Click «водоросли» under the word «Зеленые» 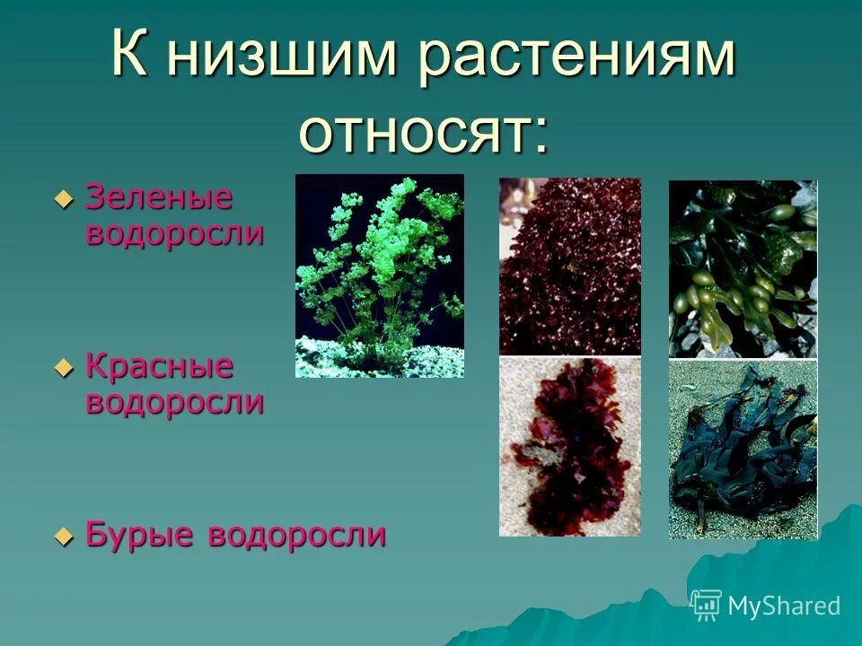(175, 233)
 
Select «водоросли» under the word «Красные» (175, 401)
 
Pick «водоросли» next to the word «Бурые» (297, 535)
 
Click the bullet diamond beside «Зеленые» (63, 199)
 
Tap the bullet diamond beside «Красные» (63, 368)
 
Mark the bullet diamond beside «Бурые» (63, 537)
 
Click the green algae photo (380, 275)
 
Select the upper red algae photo (570, 266)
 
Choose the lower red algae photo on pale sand (570, 447)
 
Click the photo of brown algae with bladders (743, 268)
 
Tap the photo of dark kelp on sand (743, 450)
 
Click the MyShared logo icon (706, 605)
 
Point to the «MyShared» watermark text (784, 606)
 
